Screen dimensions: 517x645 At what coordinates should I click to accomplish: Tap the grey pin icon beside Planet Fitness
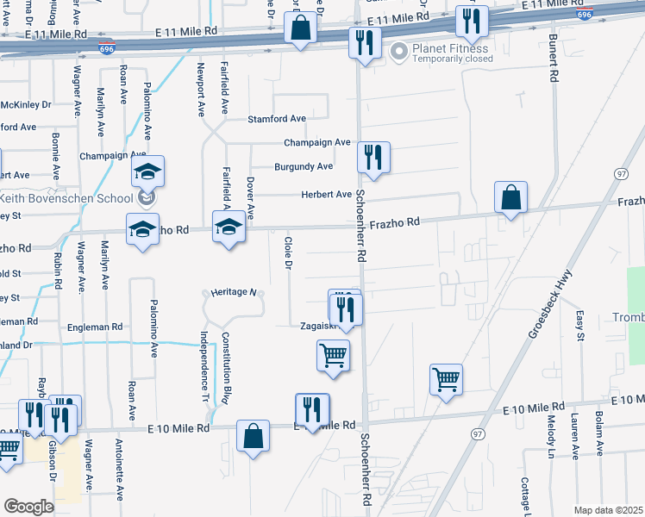[x=398, y=53]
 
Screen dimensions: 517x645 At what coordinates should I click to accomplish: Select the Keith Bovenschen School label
[x=72, y=197]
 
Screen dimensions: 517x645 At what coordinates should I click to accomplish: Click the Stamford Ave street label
[x=277, y=119]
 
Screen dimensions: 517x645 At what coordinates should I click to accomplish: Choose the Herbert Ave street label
[x=326, y=195]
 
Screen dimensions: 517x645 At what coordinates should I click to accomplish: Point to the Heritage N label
[x=230, y=293]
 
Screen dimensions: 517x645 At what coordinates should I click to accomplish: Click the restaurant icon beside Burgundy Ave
[x=373, y=158]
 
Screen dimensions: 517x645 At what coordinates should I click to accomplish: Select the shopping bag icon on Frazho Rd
[x=510, y=197]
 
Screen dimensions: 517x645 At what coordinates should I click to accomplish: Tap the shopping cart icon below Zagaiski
[x=334, y=354]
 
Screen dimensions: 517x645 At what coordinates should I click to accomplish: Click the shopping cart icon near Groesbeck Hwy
[x=446, y=377]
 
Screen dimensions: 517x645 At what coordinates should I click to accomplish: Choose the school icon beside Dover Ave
[x=228, y=227]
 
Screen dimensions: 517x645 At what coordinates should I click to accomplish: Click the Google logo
[x=28, y=507]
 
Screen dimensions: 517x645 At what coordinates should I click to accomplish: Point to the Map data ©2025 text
[x=607, y=510]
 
